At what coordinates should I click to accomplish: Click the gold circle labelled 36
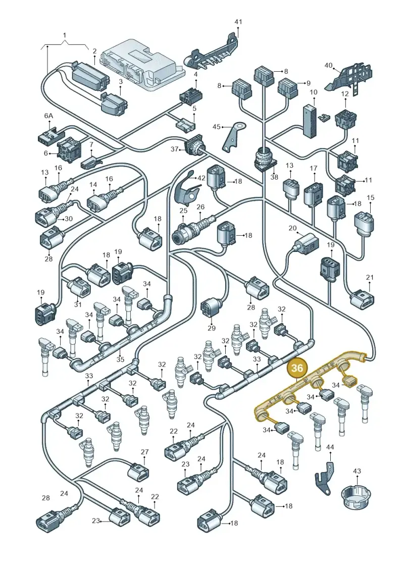tap(297, 368)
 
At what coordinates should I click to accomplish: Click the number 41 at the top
tap(238, 22)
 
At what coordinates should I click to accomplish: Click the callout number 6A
tap(48, 116)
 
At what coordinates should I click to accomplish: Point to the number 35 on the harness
tap(121, 359)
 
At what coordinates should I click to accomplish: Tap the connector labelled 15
tap(365, 223)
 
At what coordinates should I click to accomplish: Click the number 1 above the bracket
tap(65, 35)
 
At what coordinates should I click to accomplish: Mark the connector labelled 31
tap(79, 289)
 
